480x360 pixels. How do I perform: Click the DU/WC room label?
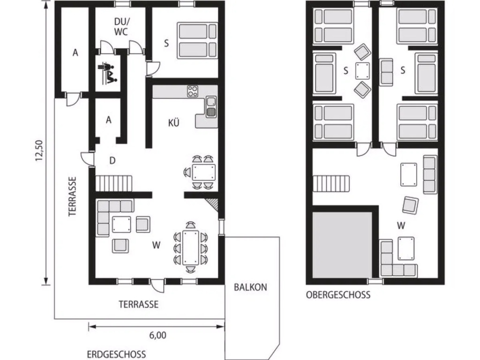tap(121, 27)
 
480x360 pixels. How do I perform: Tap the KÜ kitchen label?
tap(173, 122)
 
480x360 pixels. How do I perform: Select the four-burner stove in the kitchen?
tap(193, 91)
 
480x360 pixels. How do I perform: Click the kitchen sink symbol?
tap(211, 107)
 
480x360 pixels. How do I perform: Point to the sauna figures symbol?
tap(107, 73)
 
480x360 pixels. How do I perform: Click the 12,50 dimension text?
tap(39, 150)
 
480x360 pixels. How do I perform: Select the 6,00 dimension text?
tap(157, 335)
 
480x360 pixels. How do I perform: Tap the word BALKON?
tap(250, 287)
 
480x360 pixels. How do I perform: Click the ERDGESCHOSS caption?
tap(116, 354)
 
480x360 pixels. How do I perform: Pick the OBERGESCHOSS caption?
tap(338, 295)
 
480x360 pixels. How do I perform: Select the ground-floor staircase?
tap(114, 183)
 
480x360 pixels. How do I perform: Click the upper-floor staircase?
tap(331, 183)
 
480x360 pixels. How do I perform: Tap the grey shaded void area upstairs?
tap(342, 244)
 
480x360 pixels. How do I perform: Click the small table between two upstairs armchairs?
tap(362, 71)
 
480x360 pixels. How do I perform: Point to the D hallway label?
tap(112, 160)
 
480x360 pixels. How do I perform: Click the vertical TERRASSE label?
tap(72, 196)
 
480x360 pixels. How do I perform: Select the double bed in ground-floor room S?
tap(197, 40)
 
